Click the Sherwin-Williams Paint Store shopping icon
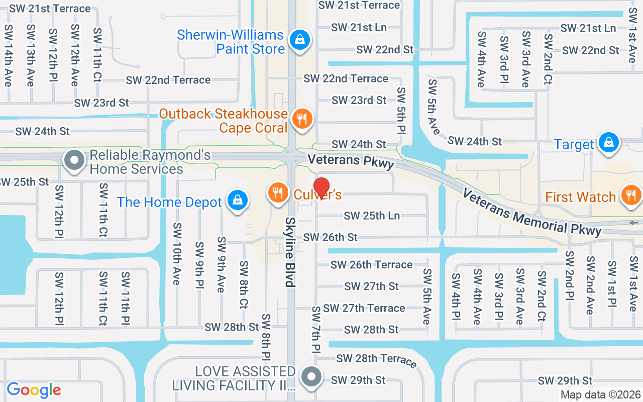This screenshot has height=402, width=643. click(x=299, y=39)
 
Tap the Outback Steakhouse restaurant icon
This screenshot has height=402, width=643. click(x=301, y=119)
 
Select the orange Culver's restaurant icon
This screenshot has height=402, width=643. click(x=277, y=192)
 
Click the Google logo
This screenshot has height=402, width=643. click(x=34, y=389)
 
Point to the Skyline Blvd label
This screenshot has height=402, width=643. click(x=290, y=252)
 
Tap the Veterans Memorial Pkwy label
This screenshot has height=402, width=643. click(x=531, y=213)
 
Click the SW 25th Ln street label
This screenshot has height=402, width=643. click(x=372, y=216)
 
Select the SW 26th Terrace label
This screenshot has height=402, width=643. click(x=371, y=264)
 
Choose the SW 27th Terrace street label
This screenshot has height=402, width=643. click(x=364, y=308)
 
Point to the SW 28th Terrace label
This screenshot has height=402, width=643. click(x=376, y=359)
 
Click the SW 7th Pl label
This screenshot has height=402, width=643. click(x=316, y=330)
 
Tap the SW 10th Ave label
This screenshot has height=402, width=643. click(x=176, y=254)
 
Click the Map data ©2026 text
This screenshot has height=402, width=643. click(x=600, y=395)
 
